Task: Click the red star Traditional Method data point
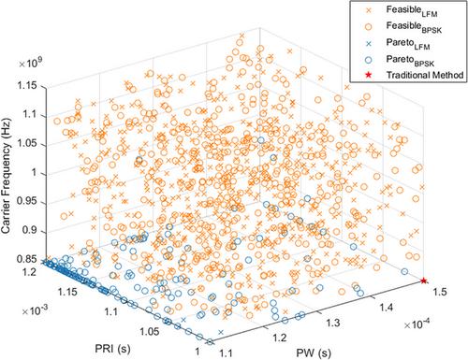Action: coord(423,281)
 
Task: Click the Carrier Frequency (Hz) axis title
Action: coord(6,176)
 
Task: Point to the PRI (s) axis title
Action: coord(112,348)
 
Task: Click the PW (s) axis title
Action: coord(314,353)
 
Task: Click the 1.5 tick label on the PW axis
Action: coord(440,292)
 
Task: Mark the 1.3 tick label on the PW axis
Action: coord(333,323)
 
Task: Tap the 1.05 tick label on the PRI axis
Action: coord(149,331)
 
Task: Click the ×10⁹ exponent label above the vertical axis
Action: coord(31,64)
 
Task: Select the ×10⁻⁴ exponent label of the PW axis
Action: coord(417,324)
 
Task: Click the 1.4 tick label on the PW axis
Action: coord(387,308)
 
